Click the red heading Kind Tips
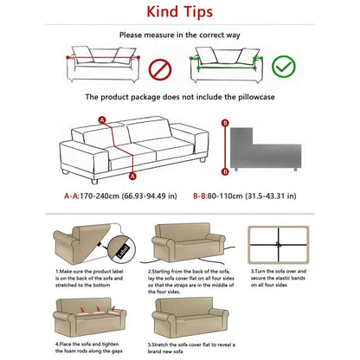[x=180, y=15]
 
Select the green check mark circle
[x=281, y=67]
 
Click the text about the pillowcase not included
[x=180, y=98]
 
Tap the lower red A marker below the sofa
[x=132, y=176]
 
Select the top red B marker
[x=226, y=124]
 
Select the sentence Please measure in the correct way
[x=180, y=35]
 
